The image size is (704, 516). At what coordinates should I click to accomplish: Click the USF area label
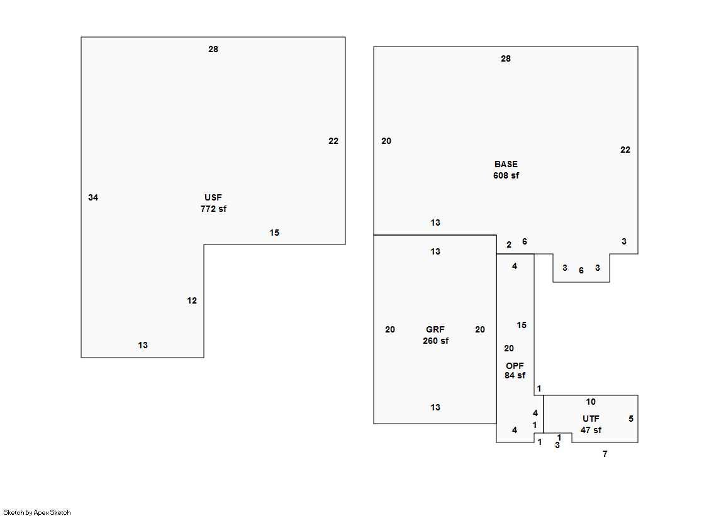click(x=213, y=197)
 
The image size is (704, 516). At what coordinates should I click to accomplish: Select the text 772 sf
click(x=213, y=209)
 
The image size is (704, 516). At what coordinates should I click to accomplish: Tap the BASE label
click(x=506, y=165)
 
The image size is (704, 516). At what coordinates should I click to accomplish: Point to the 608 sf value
click(x=506, y=176)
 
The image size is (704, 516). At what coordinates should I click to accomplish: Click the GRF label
click(x=435, y=330)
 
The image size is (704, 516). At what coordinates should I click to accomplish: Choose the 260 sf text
click(x=435, y=341)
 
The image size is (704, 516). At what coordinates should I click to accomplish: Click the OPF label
click(x=515, y=366)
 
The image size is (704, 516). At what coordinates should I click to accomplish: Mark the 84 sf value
click(x=515, y=376)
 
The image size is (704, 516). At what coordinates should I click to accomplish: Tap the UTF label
click(x=591, y=419)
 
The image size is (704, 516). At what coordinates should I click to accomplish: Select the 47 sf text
click(x=591, y=431)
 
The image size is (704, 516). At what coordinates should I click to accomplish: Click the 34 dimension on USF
click(x=93, y=198)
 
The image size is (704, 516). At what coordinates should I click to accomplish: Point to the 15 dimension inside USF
click(x=274, y=233)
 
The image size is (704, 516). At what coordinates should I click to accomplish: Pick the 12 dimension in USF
click(x=192, y=301)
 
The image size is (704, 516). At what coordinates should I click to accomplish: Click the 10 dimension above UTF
click(x=591, y=402)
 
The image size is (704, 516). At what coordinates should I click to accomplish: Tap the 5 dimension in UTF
click(x=631, y=419)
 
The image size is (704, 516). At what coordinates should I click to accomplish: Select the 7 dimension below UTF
click(x=605, y=454)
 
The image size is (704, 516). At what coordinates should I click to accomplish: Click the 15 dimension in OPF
click(x=522, y=326)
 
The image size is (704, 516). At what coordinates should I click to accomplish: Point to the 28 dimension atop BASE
click(x=506, y=59)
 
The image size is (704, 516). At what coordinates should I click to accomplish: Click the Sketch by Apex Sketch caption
click(x=37, y=513)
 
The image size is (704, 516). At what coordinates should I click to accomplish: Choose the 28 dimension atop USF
click(x=213, y=50)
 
